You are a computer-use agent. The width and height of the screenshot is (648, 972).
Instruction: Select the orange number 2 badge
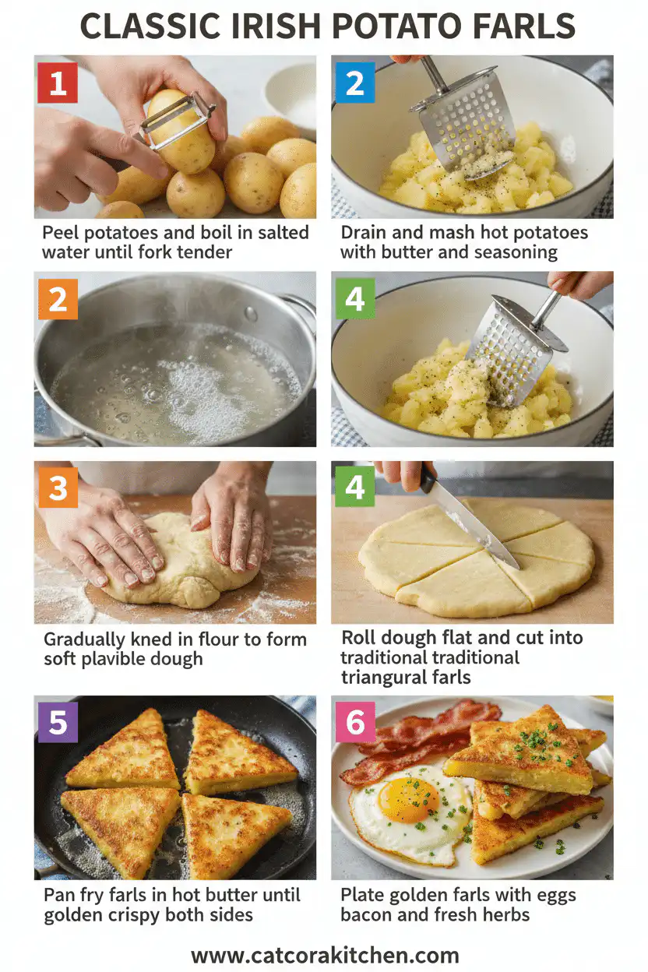point(58,299)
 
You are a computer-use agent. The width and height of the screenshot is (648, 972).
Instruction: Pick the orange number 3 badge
point(58,488)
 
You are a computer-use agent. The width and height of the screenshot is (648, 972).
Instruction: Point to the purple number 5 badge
point(58,722)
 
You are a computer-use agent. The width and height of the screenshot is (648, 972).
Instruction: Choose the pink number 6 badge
point(355,722)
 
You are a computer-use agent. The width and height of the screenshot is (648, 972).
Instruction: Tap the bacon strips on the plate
point(421,740)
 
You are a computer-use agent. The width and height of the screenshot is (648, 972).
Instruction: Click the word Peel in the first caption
point(61,232)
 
